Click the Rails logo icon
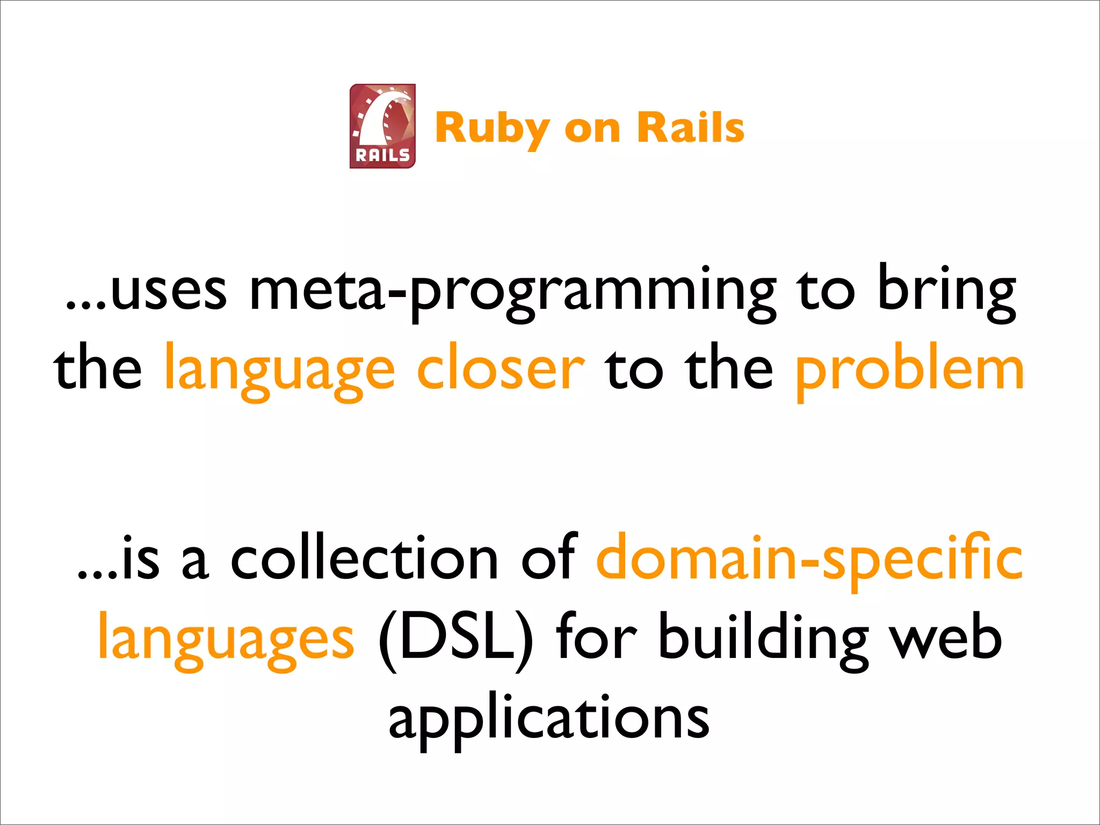[x=382, y=126]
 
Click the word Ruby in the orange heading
[x=491, y=129]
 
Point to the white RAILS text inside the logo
[x=382, y=156]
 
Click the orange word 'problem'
[x=910, y=371]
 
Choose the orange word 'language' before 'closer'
[x=279, y=371]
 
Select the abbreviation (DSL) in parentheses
[x=456, y=639]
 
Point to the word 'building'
[x=763, y=639]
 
